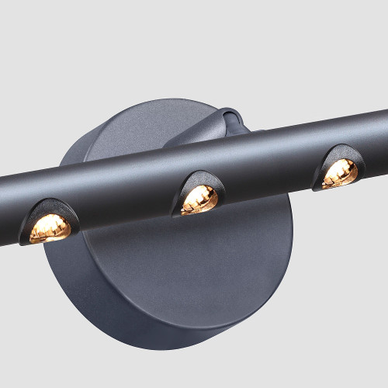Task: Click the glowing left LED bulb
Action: click(51, 227)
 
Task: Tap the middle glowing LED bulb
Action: click(199, 199)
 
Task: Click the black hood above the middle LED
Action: click(197, 182)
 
